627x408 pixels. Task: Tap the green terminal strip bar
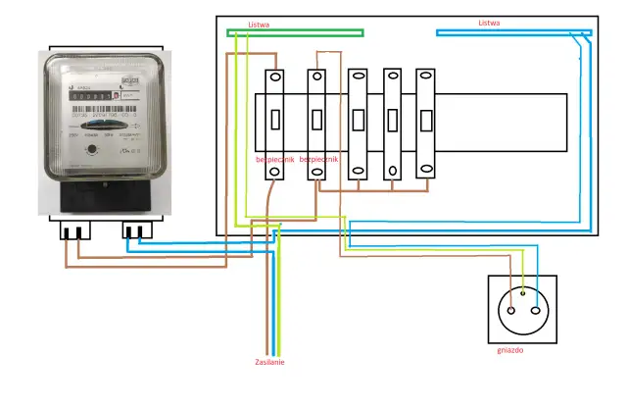click(295, 33)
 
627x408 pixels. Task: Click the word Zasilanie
click(269, 362)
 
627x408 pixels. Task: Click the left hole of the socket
click(509, 308)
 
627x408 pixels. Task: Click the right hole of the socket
click(537, 308)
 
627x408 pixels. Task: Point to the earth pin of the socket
click(523, 291)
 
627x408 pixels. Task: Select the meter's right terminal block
click(138, 231)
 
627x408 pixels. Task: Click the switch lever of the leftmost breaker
click(276, 121)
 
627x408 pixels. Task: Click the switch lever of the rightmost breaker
click(425, 121)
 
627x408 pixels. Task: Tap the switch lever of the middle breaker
click(360, 121)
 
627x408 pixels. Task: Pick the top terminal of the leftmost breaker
click(276, 76)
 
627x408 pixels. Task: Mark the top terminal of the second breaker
click(317, 76)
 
